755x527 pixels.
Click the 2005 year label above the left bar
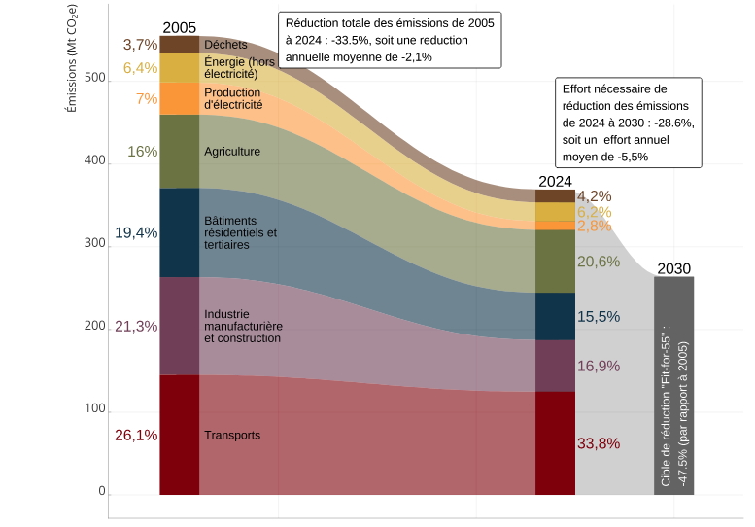coord(179,27)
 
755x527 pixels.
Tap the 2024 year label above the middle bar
coord(555,181)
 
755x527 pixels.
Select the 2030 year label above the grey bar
coord(674,268)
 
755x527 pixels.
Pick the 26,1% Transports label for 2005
coord(136,435)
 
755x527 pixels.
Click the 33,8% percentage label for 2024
coord(599,443)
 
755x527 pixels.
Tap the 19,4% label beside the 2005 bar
coord(136,232)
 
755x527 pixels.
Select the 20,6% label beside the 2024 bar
coord(599,262)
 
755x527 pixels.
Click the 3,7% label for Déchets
coord(140,45)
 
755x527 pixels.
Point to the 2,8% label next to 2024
coord(594,226)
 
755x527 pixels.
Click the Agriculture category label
coord(232,152)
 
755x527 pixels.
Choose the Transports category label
coord(232,435)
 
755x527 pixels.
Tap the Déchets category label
coord(225,45)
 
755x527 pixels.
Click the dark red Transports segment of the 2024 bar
coord(555,442)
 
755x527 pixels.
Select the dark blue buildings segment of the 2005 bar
coord(179,232)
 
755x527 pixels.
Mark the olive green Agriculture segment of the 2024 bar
coord(555,262)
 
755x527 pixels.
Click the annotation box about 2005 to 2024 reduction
coord(390,40)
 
